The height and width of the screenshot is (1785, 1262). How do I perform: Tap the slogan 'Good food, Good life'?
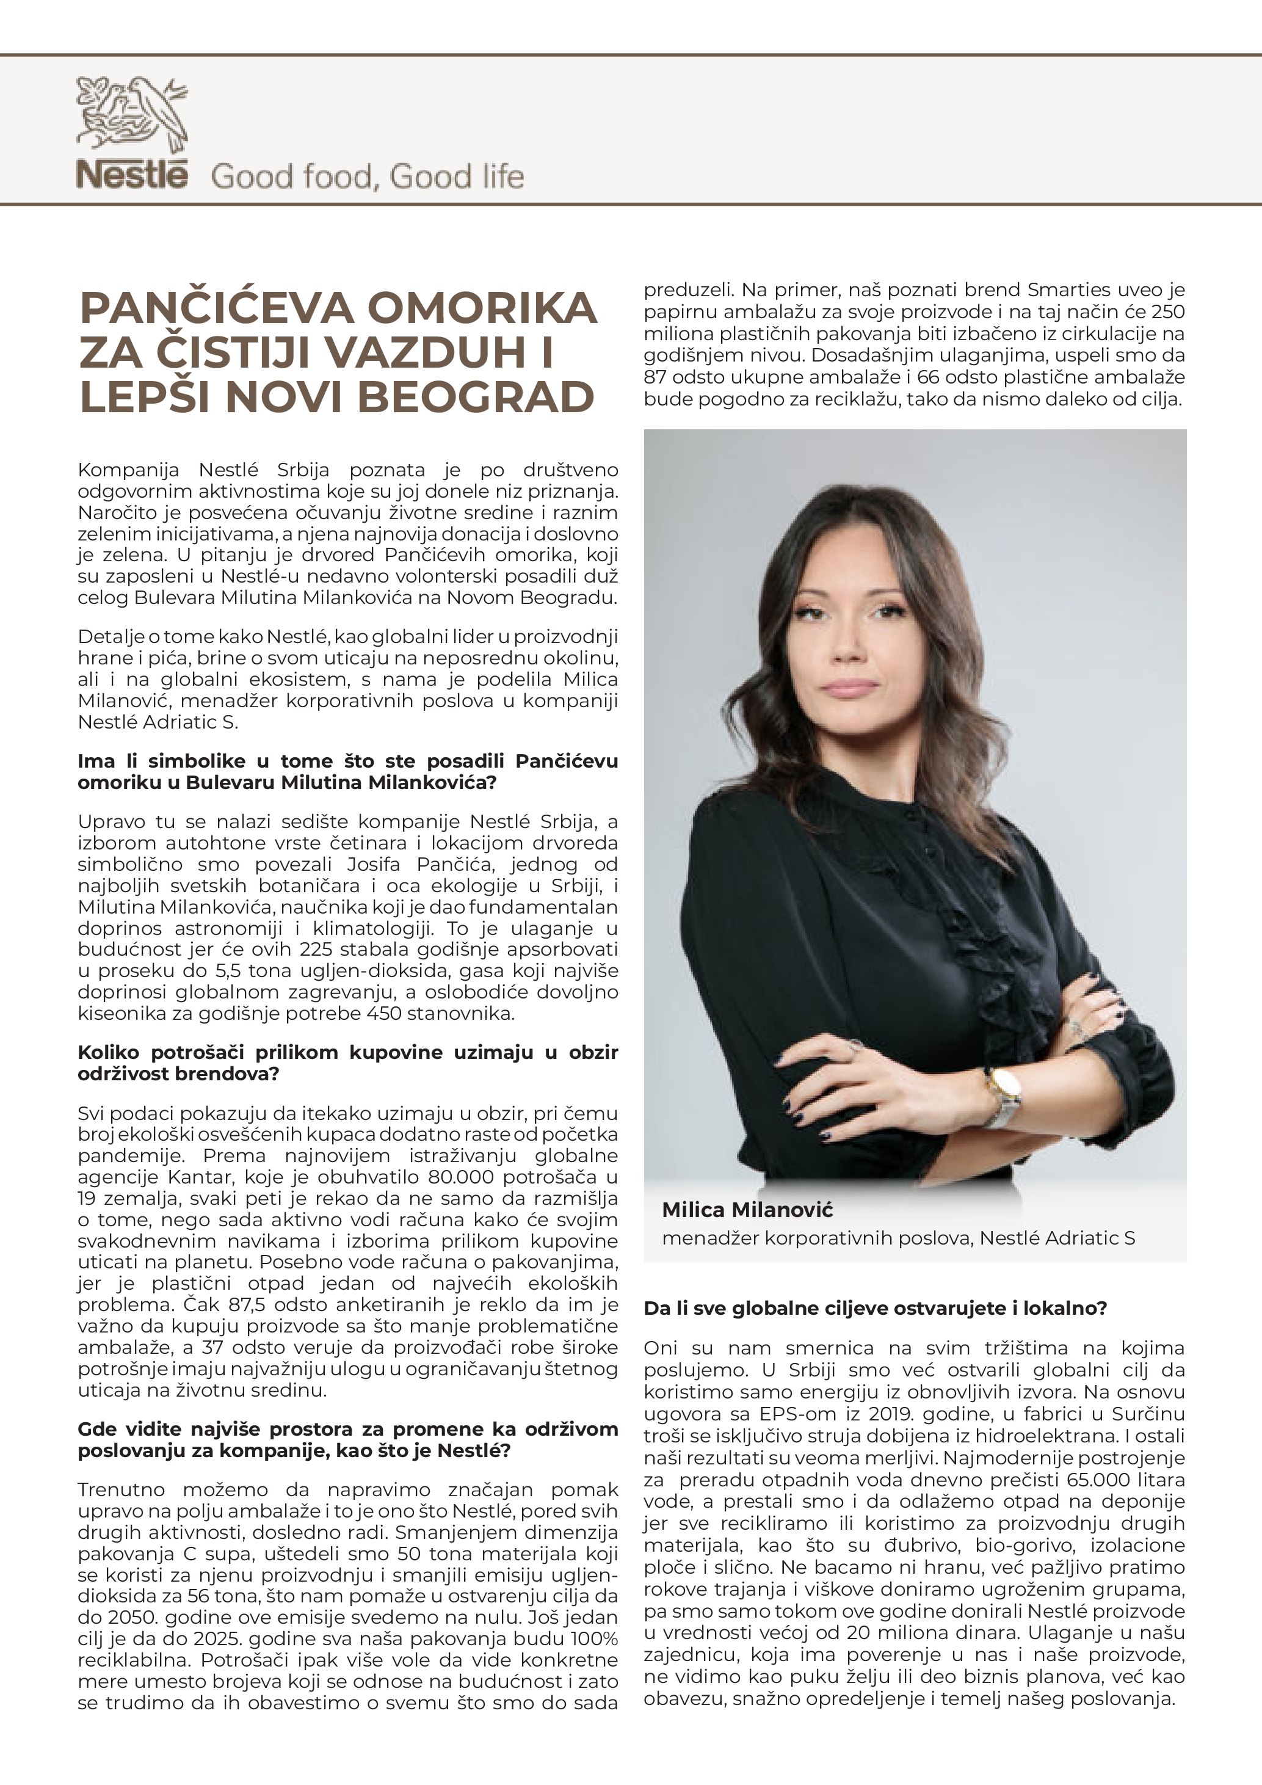coord(367,177)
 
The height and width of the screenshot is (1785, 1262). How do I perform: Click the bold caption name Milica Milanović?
coord(747,1210)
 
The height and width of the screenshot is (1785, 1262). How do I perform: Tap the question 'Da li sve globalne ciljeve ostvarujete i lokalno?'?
coord(875,1309)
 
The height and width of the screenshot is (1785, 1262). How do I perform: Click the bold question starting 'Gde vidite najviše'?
coord(347,1440)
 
